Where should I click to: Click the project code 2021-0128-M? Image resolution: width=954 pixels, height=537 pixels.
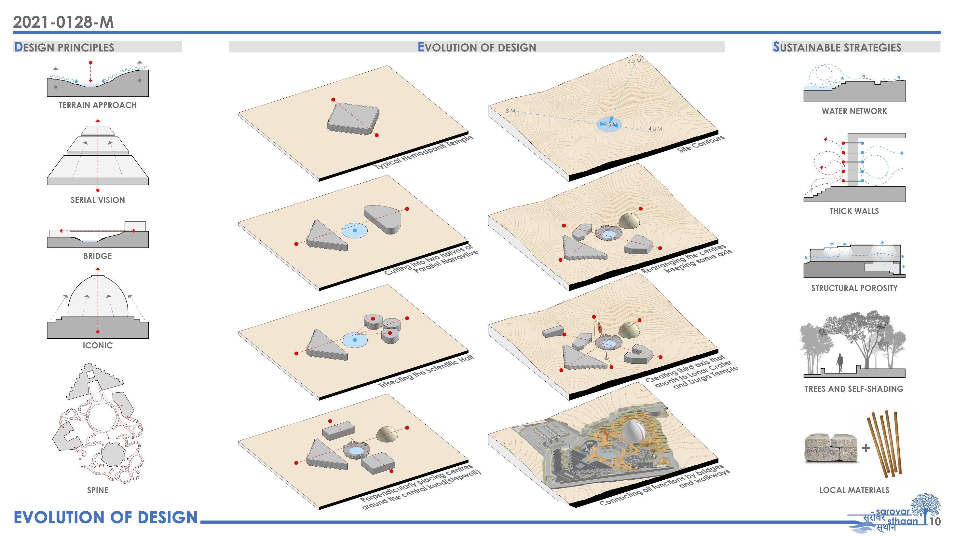pyautogui.click(x=63, y=22)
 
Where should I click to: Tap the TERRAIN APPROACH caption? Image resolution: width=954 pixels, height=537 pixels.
pyautogui.click(x=98, y=105)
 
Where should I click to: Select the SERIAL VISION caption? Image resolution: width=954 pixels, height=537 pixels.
pyautogui.click(x=98, y=200)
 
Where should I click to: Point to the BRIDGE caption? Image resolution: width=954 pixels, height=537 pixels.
pyautogui.click(x=97, y=256)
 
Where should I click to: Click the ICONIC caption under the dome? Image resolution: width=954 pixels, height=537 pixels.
pyautogui.click(x=97, y=346)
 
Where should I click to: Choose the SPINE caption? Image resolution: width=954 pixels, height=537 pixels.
pyautogui.click(x=98, y=490)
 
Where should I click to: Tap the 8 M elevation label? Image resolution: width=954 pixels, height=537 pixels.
pyautogui.click(x=510, y=111)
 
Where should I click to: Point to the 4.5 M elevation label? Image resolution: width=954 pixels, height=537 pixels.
pyautogui.click(x=655, y=129)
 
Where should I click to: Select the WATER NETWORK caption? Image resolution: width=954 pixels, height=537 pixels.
pyautogui.click(x=854, y=111)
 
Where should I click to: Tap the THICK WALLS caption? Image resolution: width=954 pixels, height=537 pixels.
pyautogui.click(x=854, y=211)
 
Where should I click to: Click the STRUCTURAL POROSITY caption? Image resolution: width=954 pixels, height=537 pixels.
pyautogui.click(x=854, y=288)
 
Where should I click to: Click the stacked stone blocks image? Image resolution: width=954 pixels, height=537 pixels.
pyautogui.click(x=830, y=448)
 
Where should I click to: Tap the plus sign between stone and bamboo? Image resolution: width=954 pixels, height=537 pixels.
pyautogui.click(x=865, y=448)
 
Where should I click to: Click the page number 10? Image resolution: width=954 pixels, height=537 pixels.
pyautogui.click(x=935, y=521)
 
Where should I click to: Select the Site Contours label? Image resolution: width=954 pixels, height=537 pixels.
pyautogui.click(x=700, y=145)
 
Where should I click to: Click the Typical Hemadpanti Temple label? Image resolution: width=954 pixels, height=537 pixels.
pyautogui.click(x=423, y=152)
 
